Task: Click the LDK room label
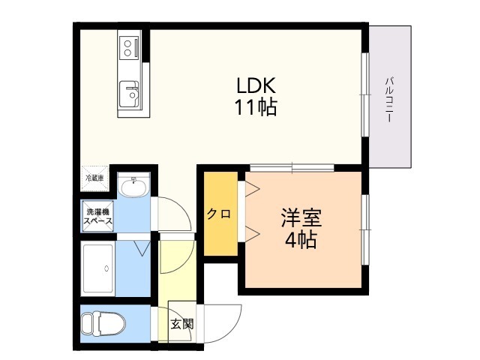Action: click(x=256, y=85)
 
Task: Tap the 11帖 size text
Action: click(x=256, y=107)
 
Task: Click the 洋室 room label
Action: click(x=301, y=220)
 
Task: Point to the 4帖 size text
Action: click(x=301, y=241)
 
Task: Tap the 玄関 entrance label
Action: click(x=181, y=325)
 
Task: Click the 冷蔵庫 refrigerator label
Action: click(x=94, y=178)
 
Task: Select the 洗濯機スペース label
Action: click(x=98, y=216)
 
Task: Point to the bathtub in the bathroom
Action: click(x=98, y=268)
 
